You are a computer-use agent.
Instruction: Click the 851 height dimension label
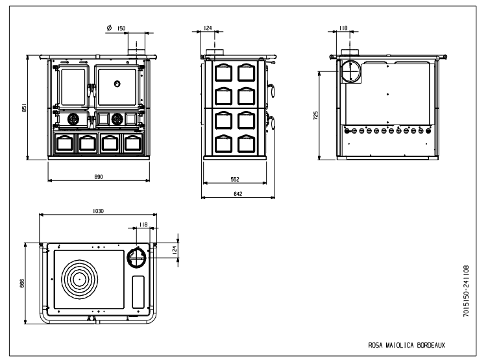point(24,108)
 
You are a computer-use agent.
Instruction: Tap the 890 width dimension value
point(99,176)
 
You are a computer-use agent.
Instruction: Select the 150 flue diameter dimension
point(121,29)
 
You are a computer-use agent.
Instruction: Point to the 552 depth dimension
point(235,179)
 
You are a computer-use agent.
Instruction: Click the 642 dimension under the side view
point(238,194)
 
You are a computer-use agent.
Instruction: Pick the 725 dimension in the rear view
point(316,115)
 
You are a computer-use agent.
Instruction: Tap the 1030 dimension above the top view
point(98,211)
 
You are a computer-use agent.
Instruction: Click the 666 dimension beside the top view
point(22,283)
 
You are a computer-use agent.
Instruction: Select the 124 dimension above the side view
point(208,28)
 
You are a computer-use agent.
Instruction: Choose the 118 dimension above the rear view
point(343,28)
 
